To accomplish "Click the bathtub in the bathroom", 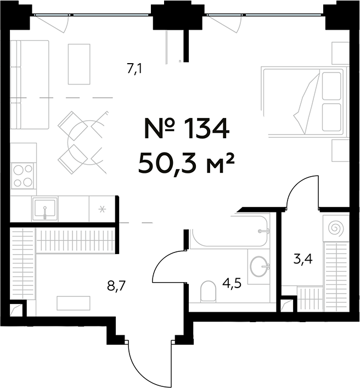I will click(x=230, y=233).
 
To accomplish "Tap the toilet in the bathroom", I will click(x=209, y=291).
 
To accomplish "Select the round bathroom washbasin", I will click(x=260, y=267).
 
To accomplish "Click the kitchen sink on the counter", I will click(x=44, y=209).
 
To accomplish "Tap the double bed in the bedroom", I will click(x=305, y=102).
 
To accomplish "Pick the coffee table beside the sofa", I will click(x=79, y=64).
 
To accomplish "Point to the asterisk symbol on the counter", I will click(x=101, y=209).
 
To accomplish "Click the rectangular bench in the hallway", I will click(x=73, y=303).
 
